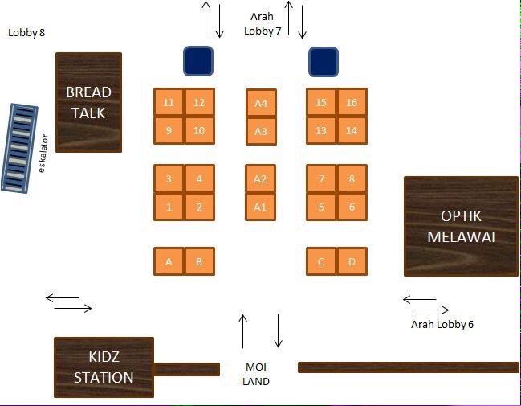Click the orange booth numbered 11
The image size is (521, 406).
(169, 102)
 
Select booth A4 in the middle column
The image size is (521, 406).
(261, 103)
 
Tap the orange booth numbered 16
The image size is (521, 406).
(352, 102)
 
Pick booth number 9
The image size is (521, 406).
(169, 130)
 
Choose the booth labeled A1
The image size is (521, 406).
(260, 207)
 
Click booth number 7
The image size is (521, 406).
(321, 178)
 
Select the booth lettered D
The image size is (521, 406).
(352, 261)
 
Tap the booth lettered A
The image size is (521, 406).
(169, 261)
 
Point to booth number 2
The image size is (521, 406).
(199, 207)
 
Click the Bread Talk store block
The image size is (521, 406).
(89, 102)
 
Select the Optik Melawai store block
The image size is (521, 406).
(461, 226)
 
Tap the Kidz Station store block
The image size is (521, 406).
(104, 367)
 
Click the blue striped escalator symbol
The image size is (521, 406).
(19, 148)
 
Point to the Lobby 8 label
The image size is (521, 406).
(26, 33)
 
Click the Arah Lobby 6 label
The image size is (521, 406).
(442, 324)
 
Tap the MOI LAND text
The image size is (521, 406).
(256, 374)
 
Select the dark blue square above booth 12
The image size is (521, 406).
(198, 61)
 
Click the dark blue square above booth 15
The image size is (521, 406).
(324, 62)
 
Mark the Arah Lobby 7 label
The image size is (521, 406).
(263, 23)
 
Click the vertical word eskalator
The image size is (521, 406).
(43, 154)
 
